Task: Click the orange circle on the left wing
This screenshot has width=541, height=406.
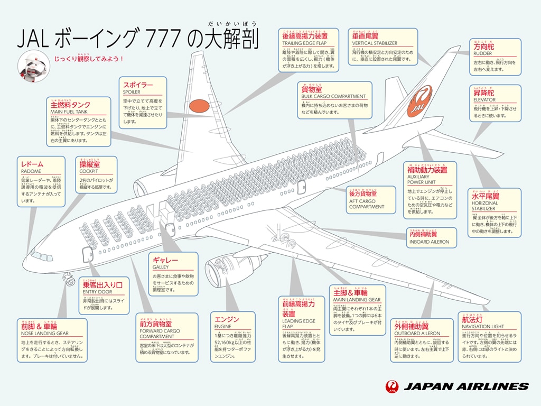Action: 199,106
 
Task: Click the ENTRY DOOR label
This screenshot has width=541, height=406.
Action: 98,292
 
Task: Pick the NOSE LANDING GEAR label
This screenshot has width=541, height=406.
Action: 45,334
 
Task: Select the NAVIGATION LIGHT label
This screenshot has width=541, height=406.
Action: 483,327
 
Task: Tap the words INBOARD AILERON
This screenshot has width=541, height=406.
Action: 429,242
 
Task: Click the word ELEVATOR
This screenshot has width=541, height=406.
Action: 484,100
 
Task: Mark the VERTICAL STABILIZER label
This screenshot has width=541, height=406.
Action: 375,43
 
